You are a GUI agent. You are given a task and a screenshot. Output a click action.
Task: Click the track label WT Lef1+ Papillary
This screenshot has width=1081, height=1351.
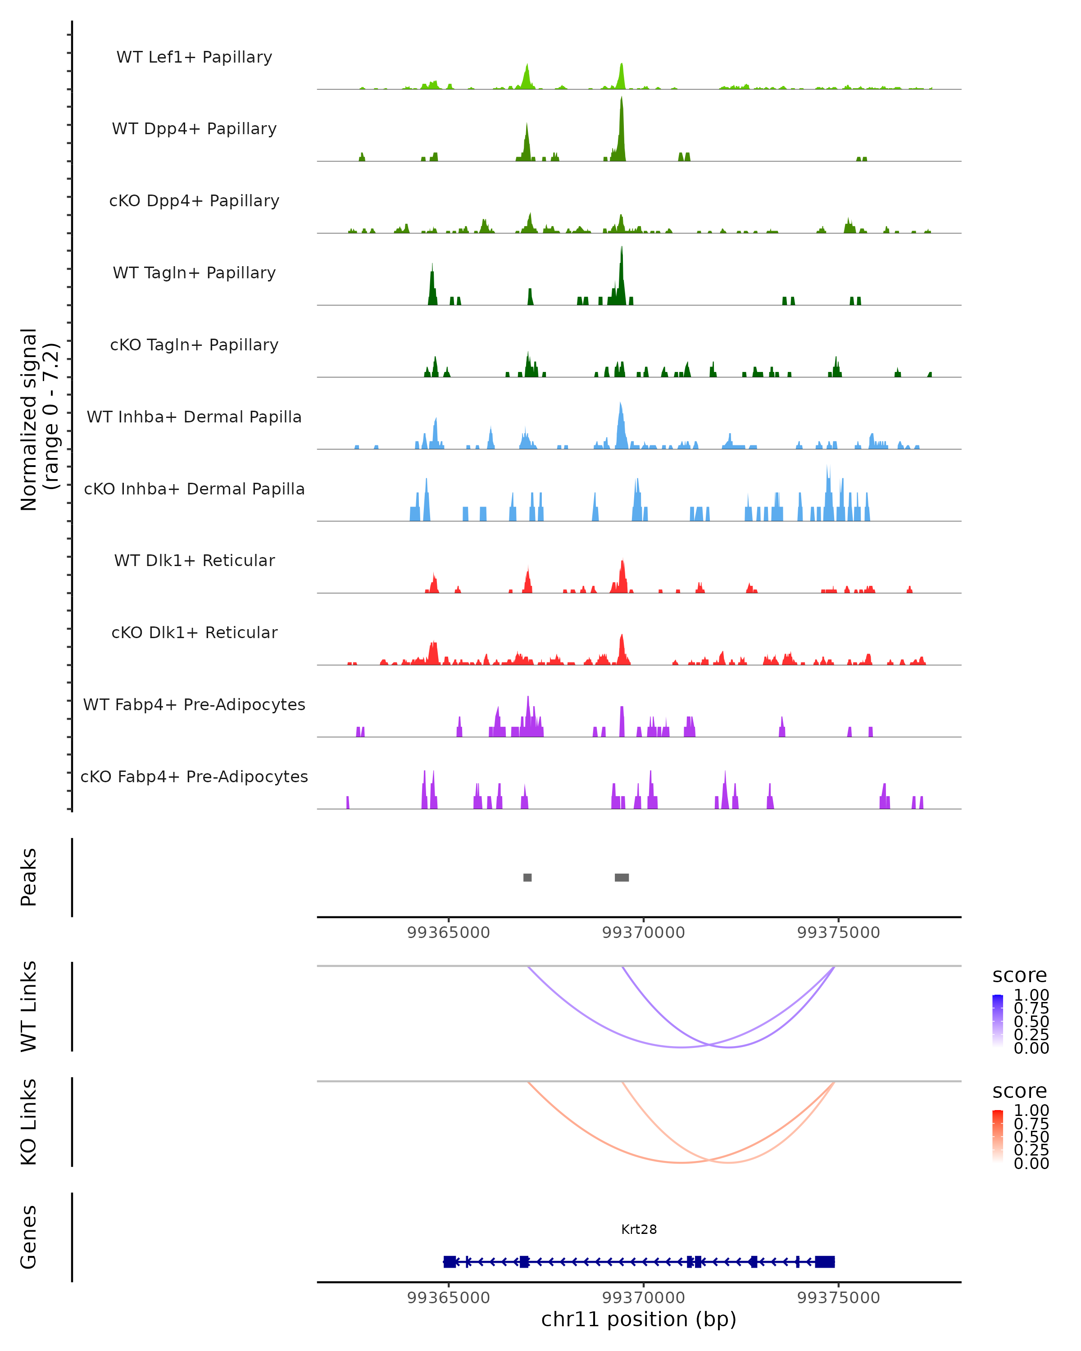tap(194, 57)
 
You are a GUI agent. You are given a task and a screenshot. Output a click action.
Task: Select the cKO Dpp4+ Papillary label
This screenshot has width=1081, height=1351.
tap(194, 201)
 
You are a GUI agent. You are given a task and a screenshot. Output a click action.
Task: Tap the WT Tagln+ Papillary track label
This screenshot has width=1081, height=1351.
tap(194, 273)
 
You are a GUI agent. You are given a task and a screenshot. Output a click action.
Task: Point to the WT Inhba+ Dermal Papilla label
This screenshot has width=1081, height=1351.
tap(194, 417)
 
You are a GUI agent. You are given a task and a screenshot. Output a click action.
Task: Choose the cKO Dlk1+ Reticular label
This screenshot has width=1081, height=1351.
tap(194, 633)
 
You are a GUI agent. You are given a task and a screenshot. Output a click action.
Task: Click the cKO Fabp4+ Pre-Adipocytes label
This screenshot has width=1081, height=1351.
tap(194, 777)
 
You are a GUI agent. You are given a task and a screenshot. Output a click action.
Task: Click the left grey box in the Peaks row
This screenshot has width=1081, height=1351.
tap(527, 877)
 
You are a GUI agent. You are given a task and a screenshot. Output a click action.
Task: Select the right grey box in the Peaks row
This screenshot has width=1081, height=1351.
tap(622, 877)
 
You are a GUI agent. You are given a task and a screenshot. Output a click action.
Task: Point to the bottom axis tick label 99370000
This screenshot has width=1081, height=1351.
tap(644, 1298)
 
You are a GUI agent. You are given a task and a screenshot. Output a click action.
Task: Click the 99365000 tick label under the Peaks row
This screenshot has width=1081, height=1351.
tap(448, 933)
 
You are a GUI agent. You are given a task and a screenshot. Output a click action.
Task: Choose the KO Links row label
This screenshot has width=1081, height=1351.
tap(29, 1122)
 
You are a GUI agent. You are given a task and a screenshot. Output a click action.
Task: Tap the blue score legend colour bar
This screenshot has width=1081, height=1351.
tap(998, 1021)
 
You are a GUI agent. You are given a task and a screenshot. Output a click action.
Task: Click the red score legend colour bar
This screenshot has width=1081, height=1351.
tap(998, 1136)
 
